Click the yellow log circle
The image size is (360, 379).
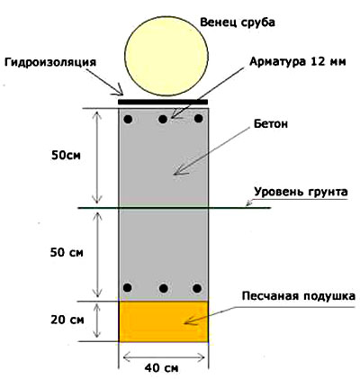166,55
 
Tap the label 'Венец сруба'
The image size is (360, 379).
238,23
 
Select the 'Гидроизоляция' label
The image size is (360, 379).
50,62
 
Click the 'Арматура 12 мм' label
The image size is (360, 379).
298,62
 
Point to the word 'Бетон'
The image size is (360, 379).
271,123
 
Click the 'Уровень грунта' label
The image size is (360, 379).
301,192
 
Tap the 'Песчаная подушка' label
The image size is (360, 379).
299,296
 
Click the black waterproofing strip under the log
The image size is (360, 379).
163,102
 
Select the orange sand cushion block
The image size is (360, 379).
164,321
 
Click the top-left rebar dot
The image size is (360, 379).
128,119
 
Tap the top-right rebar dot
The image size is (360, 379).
198,119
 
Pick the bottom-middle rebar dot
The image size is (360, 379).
164,288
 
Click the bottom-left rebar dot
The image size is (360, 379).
127,287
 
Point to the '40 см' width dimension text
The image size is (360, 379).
161,368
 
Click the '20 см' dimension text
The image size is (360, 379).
67,320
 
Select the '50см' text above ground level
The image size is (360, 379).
66,156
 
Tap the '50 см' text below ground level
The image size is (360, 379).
67,253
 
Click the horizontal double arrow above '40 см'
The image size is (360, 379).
164,357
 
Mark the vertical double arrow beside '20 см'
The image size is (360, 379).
96,321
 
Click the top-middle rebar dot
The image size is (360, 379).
163,119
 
